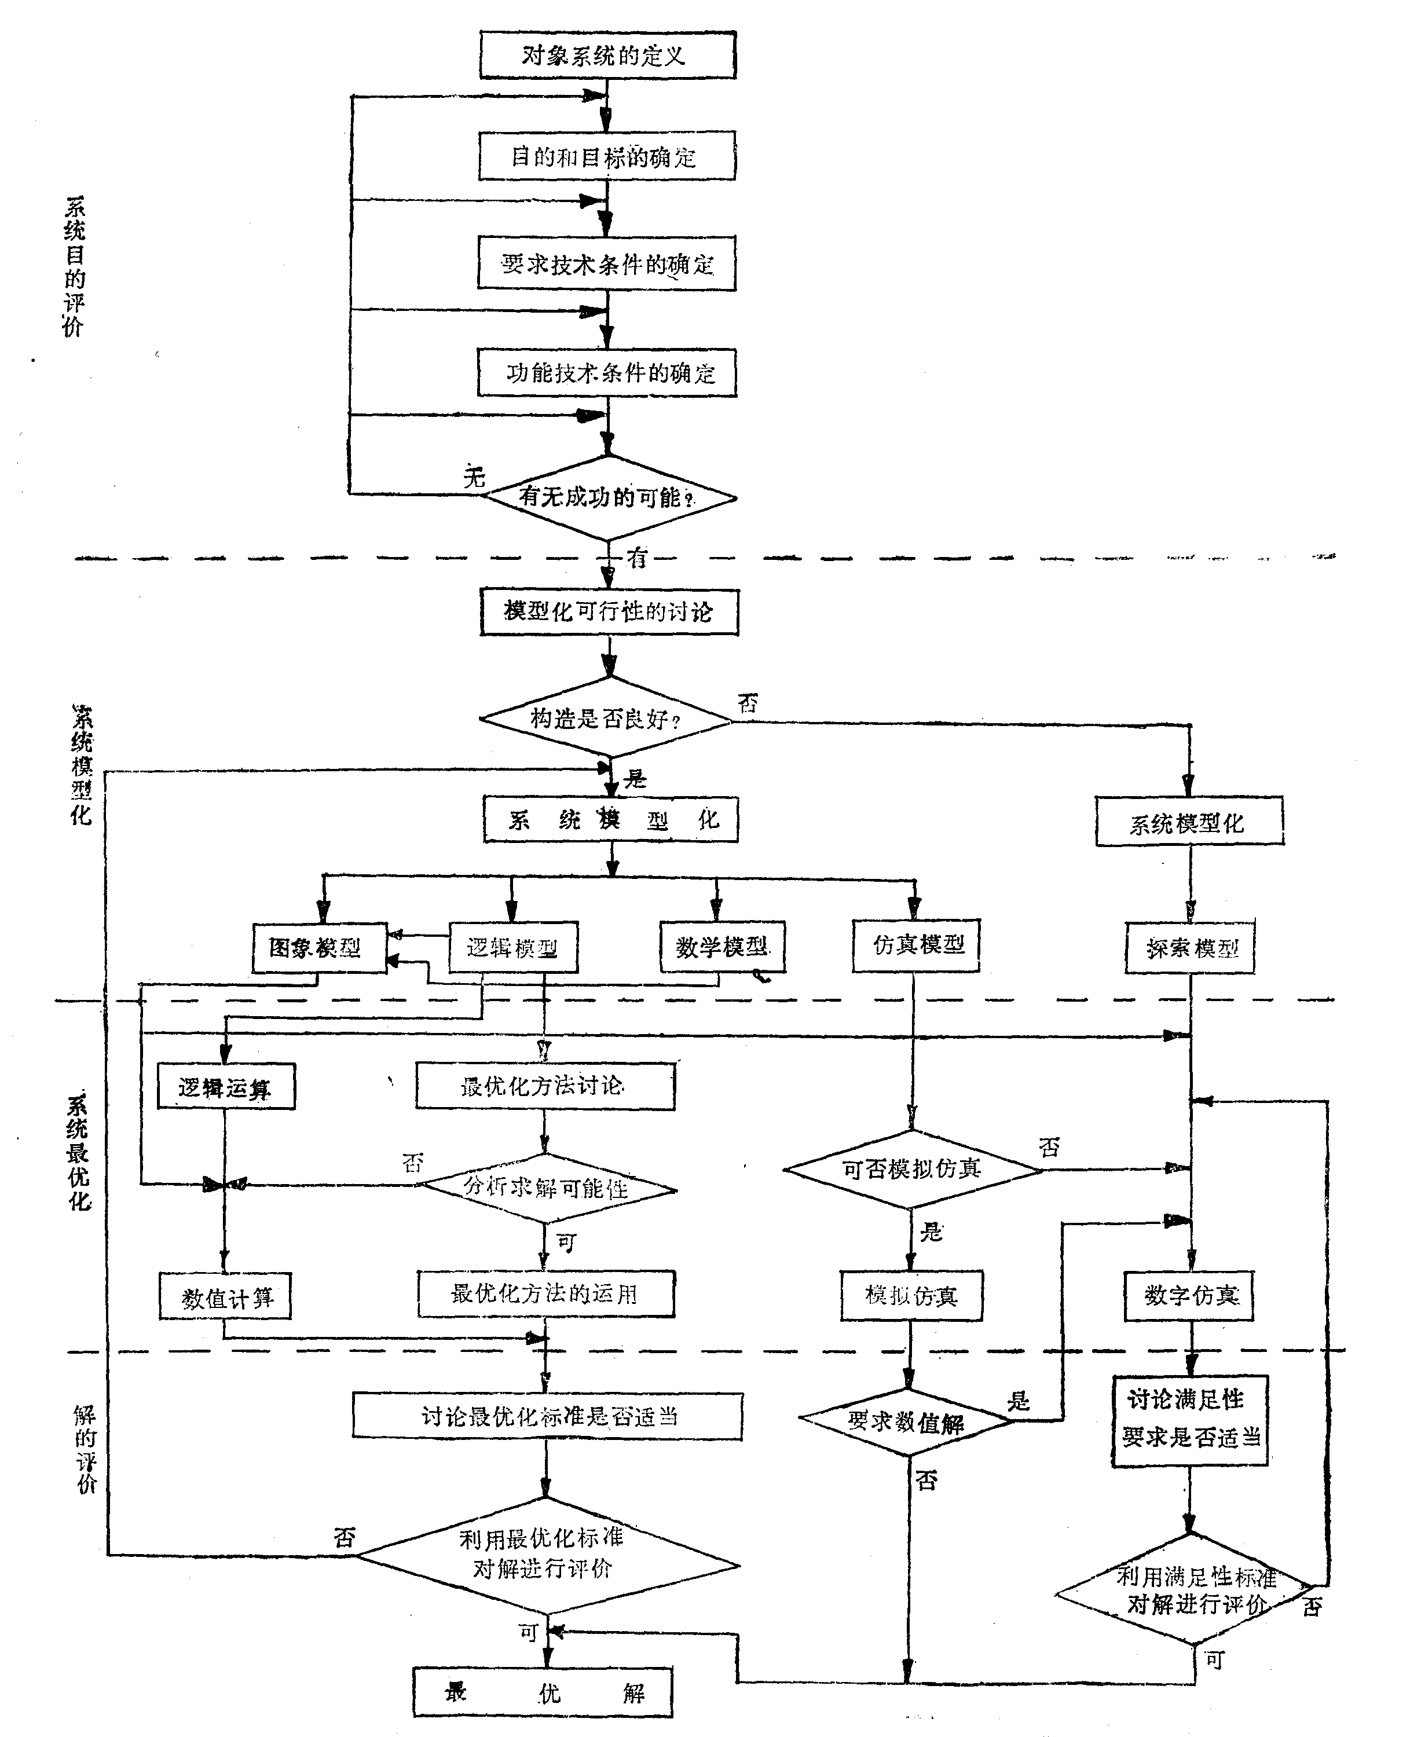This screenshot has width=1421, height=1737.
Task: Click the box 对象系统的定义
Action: click(607, 56)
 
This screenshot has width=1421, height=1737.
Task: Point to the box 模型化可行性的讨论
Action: click(609, 611)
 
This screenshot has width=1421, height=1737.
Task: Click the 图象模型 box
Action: click(318, 948)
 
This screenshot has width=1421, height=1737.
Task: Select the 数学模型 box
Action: click(722, 947)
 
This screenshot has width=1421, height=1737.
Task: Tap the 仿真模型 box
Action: click(916, 946)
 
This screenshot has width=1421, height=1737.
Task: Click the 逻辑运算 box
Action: click(226, 1087)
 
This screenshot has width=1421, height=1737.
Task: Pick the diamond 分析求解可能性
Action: click(546, 1188)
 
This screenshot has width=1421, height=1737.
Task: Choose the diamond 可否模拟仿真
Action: click(912, 1169)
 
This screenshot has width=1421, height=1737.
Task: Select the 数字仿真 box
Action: click(1189, 1296)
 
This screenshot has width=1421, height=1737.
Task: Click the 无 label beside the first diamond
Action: click(474, 477)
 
